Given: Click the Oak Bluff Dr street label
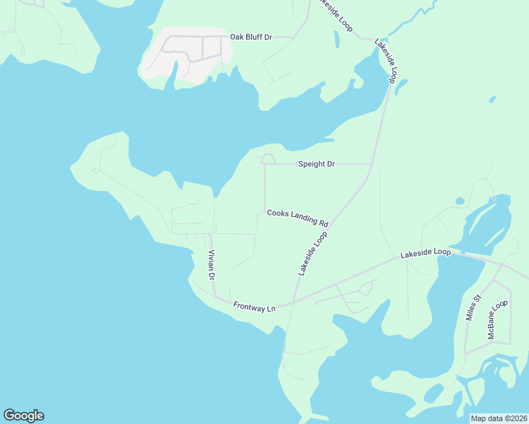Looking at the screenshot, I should (251, 37).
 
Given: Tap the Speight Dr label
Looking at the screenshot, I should (316, 164).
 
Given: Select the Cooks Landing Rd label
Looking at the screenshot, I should (298, 217).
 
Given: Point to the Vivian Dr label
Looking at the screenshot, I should (211, 264).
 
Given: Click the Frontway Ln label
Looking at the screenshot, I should (254, 306).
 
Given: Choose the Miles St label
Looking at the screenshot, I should (473, 308).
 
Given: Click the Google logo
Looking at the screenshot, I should (23, 416).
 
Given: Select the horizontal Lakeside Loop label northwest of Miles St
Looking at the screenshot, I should (425, 252).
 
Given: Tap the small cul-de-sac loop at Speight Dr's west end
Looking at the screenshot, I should (268, 159).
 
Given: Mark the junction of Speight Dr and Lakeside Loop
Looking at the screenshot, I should (371, 164).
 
